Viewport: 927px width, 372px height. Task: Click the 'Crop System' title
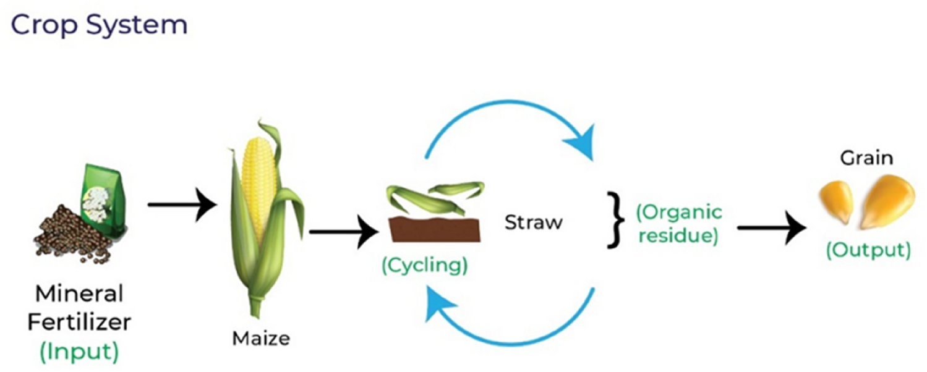point(99,25)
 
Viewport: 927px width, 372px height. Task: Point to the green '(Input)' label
point(79,351)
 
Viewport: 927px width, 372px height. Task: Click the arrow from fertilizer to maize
point(182,203)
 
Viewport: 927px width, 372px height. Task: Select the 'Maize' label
point(261,339)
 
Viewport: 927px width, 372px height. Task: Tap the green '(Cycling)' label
point(424,265)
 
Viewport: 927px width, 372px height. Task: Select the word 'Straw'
point(533,222)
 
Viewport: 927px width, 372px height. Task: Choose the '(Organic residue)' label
point(679,224)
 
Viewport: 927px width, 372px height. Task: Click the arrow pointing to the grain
point(773,227)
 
